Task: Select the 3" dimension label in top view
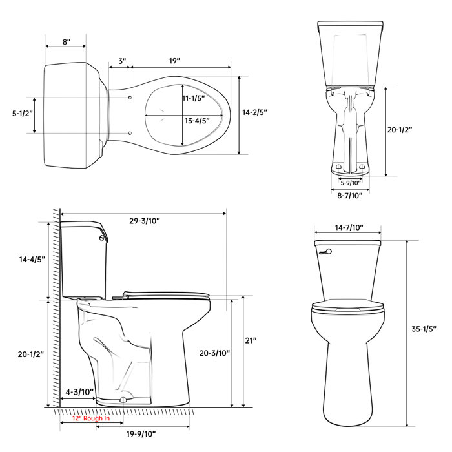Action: tap(122, 61)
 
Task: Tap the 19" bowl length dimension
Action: tap(174, 61)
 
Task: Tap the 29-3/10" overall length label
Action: tap(145, 220)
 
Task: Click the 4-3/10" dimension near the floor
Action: tap(80, 392)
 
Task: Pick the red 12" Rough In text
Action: tap(91, 419)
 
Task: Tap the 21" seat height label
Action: tap(251, 340)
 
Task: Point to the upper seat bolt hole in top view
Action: tap(131, 96)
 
